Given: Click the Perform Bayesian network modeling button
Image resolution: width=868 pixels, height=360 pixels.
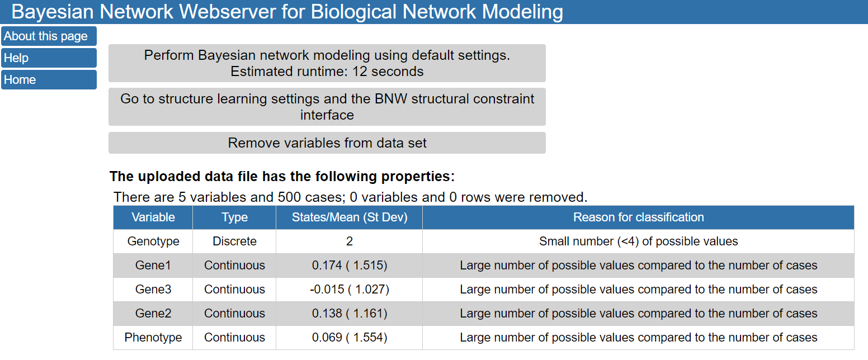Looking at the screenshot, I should [327, 63].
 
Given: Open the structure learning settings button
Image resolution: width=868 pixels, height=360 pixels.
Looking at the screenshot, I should [327, 107].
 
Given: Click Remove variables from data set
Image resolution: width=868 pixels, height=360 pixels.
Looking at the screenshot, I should [327, 143].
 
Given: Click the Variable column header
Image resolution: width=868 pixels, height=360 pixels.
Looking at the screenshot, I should [153, 217].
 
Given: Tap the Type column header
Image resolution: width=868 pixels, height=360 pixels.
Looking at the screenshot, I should [234, 217].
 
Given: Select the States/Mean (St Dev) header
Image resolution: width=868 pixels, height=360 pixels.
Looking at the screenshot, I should [350, 217].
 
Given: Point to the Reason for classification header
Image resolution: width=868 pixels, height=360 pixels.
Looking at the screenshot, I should [638, 217].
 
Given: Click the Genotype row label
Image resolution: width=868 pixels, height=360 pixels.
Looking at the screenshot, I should [153, 241].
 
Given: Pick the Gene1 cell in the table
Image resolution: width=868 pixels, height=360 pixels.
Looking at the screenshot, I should [153, 266].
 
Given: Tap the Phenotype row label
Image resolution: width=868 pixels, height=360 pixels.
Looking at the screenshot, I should [153, 338].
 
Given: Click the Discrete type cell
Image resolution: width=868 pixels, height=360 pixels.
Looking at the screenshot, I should [234, 241].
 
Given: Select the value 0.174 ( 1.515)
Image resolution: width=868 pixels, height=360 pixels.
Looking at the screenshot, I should [350, 266].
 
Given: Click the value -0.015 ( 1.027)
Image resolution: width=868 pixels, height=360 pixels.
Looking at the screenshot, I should [350, 290].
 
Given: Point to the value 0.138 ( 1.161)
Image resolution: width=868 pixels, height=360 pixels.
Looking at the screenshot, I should [350, 314].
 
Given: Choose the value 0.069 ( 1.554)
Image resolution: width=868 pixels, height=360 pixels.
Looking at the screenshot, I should [350, 338].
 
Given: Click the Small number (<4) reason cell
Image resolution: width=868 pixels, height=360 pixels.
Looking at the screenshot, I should [638, 241].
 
